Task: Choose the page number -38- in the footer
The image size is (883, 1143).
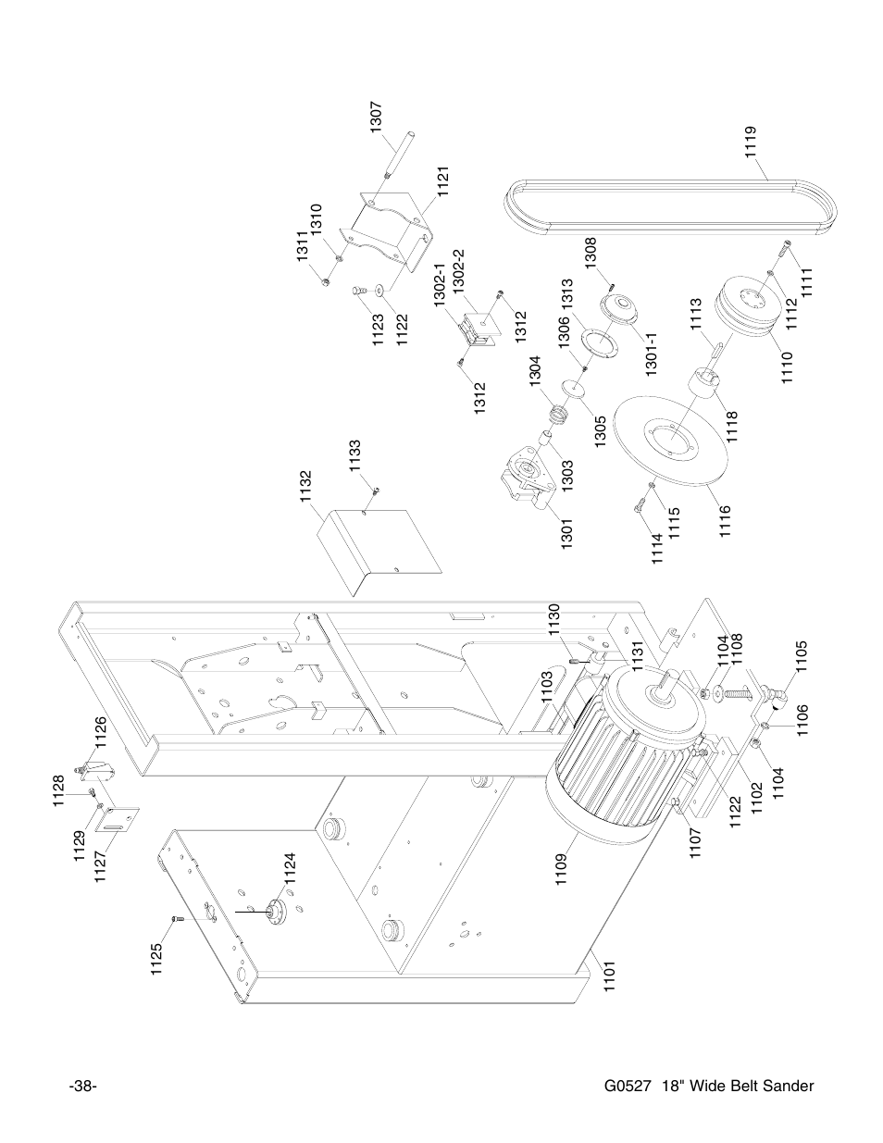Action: coord(83,1086)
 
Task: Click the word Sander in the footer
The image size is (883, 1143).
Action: coord(791,1086)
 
